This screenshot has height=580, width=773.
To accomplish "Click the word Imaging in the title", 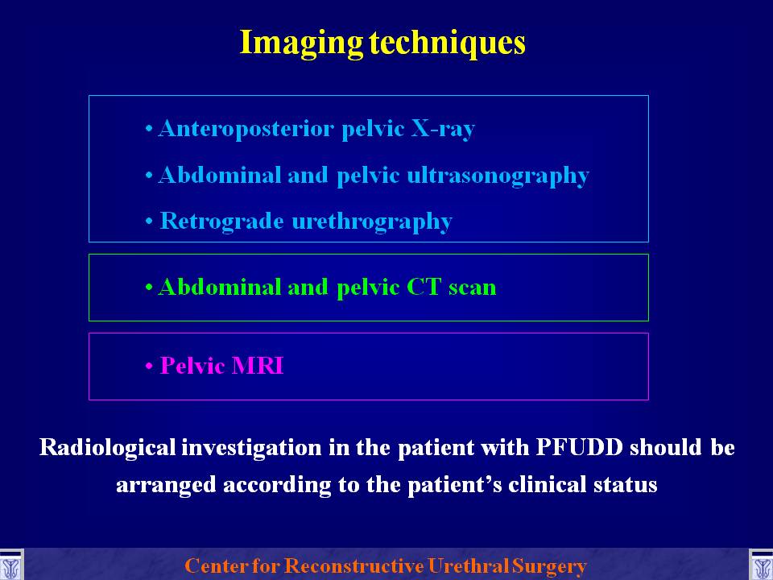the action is pos(301,43).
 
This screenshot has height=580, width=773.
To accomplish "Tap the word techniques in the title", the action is pos(448,43).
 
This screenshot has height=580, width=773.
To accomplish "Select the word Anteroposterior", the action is pos(246,129).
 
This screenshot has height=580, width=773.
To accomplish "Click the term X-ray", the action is pos(443,129).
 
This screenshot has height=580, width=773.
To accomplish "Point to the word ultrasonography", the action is pos(498,176).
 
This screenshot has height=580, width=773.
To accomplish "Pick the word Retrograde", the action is pos(222,221).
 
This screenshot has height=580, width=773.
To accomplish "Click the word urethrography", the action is pos(372,222).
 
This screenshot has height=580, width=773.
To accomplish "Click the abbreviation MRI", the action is pos(258,366).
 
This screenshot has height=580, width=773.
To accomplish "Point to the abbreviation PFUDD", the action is pos(579,447).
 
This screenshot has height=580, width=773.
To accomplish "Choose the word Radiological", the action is pos(107,447).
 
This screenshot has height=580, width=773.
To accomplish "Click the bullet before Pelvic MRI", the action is pos(149,367).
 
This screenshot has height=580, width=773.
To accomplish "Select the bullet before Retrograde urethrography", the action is pos(149,222).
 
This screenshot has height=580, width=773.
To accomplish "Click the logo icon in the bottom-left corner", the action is pos(11,565).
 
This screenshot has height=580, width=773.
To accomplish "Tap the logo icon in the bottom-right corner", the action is pos(761,565).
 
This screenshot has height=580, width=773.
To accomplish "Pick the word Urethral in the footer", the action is pos(468,565).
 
